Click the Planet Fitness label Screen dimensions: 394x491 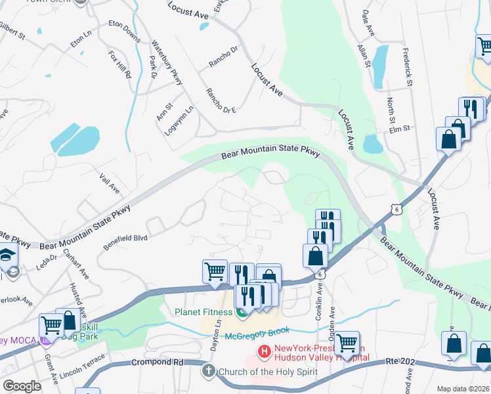[x=204, y=311]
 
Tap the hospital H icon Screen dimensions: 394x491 [x=264, y=353]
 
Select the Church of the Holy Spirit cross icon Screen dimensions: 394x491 [x=209, y=371]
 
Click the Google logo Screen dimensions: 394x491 [x=22, y=386]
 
